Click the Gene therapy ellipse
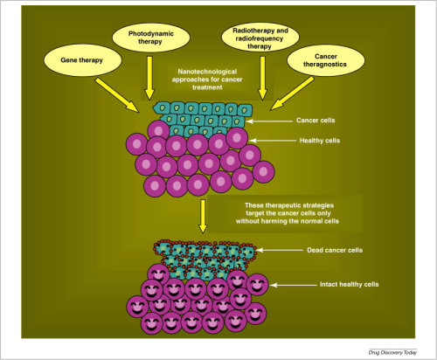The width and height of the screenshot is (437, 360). pos(82,60)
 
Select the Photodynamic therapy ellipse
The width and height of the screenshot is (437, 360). pos(151,38)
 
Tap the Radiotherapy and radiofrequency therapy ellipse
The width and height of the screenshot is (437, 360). pos(260,38)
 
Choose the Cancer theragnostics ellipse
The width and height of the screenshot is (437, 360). pos(325,60)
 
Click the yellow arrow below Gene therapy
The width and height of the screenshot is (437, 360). pos(117,95)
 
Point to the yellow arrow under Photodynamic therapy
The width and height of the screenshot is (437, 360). pos(149,78)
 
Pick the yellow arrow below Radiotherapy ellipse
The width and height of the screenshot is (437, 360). pos(262,78)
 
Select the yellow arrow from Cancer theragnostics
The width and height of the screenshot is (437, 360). pos(292,93)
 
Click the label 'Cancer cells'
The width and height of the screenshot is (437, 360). pos(316,121)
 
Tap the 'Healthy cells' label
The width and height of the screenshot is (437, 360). pos(320,141)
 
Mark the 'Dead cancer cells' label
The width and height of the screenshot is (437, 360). pos(335,250)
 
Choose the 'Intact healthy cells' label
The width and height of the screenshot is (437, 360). pos(350,284)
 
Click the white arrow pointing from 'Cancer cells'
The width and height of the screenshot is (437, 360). pos(269,121)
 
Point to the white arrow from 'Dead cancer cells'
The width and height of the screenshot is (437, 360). pos(280,250)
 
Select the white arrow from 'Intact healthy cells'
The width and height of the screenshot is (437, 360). pos(293,285)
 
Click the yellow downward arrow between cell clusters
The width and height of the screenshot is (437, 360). pos(203,216)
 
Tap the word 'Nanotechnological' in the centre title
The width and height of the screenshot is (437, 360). pos(207,72)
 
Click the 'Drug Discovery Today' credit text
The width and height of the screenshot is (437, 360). pos(392,352)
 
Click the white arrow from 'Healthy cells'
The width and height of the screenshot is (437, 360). pos(273,141)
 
